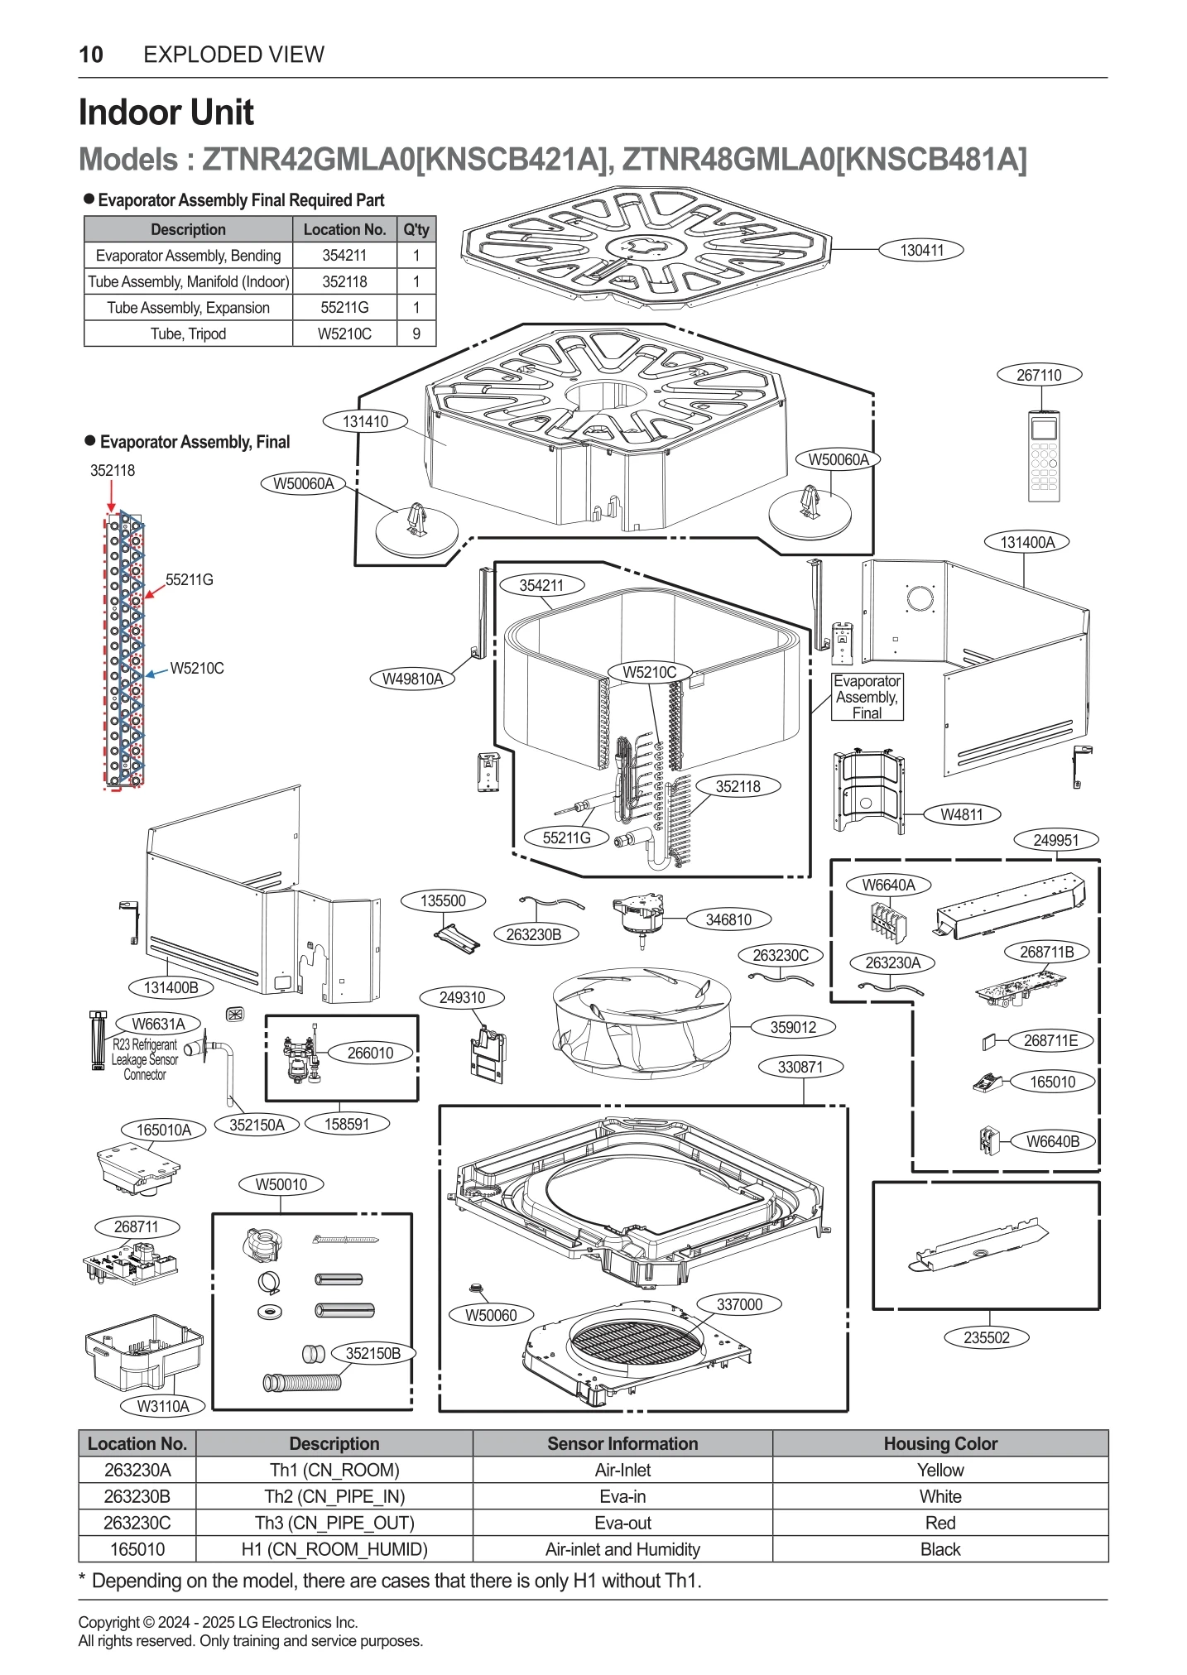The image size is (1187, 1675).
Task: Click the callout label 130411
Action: click(920, 250)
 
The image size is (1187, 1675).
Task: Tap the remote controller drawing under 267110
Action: click(1043, 456)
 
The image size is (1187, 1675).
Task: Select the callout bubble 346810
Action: click(728, 919)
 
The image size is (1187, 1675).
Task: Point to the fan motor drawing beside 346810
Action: click(638, 916)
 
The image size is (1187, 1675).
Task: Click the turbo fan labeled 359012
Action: click(642, 1023)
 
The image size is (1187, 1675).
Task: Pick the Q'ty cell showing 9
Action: click(416, 334)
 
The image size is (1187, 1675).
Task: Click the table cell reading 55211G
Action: click(344, 307)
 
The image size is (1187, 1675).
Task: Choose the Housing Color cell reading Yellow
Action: click(940, 1470)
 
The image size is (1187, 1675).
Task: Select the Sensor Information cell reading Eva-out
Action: click(622, 1523)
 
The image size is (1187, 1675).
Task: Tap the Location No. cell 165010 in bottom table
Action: click(137, 1549)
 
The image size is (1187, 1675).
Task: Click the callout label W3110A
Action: click(163, 1406)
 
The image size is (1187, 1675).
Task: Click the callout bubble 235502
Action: click(986, 1337)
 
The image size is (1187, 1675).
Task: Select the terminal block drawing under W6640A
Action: click(888, 921)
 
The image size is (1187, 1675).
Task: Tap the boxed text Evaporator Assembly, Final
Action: click(867, 697)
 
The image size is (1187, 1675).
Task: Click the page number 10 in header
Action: click(90, 55)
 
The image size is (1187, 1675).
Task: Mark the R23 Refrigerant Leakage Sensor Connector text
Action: click(145, 1059)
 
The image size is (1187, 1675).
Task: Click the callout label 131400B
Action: click(171, 987)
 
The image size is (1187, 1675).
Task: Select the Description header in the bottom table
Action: click(334, 1443)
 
